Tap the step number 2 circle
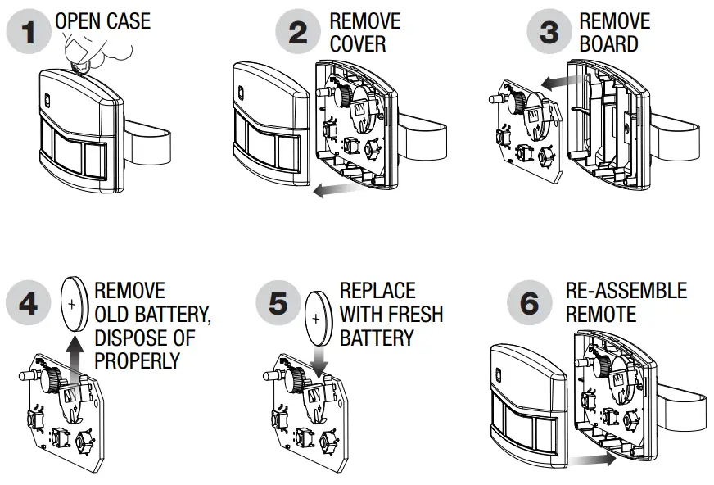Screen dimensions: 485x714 298,34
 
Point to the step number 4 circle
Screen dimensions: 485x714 29,304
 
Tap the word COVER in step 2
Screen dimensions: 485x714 358,43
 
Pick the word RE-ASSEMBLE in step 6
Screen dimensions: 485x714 626,291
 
